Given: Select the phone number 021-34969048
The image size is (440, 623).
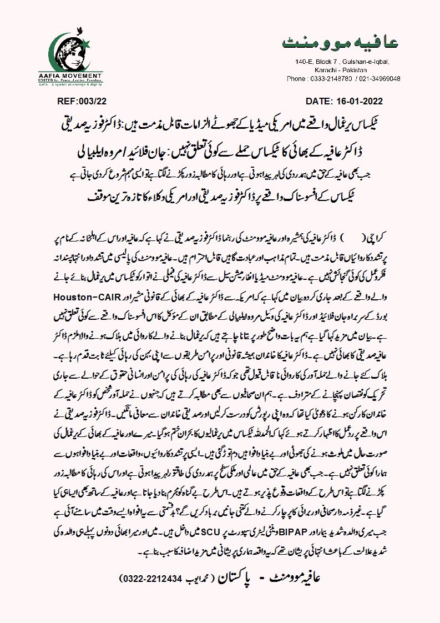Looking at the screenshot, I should pos(380,79).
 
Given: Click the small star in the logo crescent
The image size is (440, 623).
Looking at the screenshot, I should pos(93,42).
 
